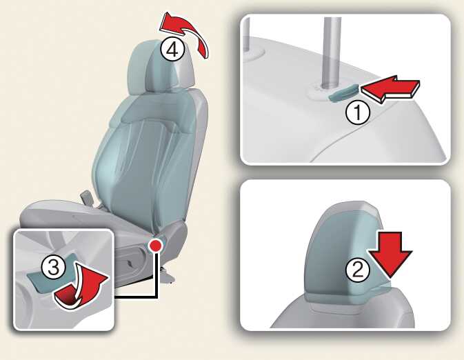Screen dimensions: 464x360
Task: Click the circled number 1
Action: pos(358,112)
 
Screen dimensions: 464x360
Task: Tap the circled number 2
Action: pos(358,270)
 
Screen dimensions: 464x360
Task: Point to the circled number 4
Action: pos(173,49)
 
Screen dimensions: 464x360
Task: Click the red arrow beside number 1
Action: pos(391,88)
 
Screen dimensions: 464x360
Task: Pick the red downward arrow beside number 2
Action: pos(390,254)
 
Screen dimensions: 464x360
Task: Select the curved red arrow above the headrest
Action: pos(185,33)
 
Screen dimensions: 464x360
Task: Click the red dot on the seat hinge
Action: pos(155,246)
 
